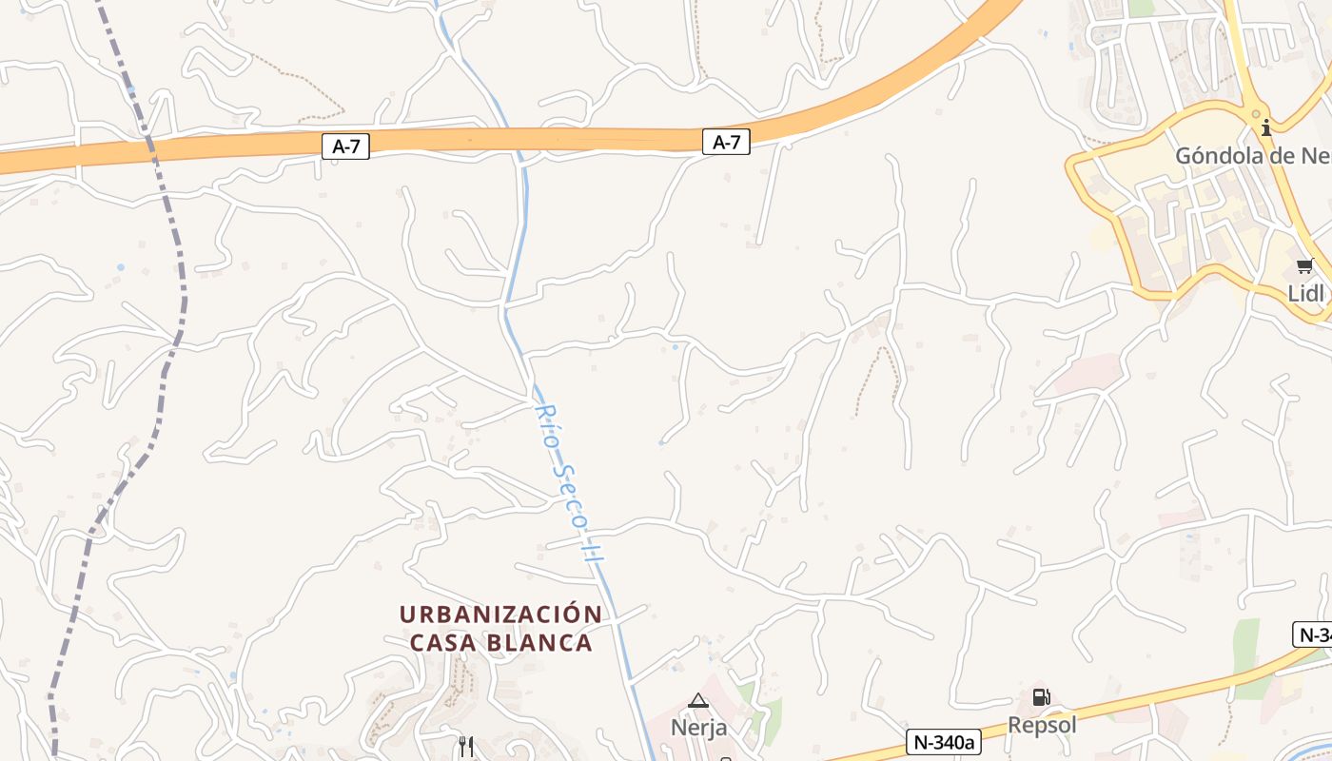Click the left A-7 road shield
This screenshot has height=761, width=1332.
point(345,146)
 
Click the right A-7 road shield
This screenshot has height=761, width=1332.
point(726,143)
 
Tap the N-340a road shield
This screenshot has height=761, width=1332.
point(943,742)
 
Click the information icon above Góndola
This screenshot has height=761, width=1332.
point(1266,127)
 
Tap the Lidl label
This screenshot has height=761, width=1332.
point(1305,293)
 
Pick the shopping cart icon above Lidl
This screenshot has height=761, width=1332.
point(1303,266)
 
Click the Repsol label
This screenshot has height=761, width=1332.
point(1042,725)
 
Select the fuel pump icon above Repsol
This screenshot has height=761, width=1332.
point(1041,697)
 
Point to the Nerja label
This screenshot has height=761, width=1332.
point(698,728)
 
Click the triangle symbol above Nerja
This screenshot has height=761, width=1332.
point(698,701)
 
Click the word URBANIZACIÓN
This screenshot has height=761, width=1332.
point(500,615)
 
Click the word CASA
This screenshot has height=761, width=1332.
point(443,643)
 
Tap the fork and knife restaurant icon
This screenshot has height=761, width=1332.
point(466,746)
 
